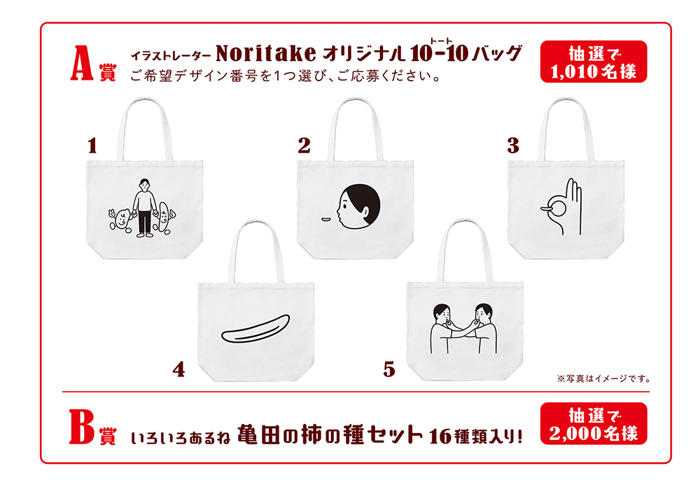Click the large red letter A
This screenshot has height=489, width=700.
(82, 63)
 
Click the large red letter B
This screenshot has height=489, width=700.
(82, 427)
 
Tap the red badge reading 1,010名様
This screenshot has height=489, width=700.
(594, 62)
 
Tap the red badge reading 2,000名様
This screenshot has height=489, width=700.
(594, 423)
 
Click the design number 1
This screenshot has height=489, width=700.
(92, 146)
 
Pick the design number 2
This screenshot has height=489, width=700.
(304, 146)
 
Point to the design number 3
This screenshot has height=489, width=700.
(513, 146)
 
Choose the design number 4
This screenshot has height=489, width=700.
(178, 369)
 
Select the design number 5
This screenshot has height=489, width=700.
(388, 369)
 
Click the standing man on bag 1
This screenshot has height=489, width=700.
(144, 208)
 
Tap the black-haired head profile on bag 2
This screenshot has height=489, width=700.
(359, 207)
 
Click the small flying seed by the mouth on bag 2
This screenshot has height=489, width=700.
(325, 219)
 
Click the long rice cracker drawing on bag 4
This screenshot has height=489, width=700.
(255, 329)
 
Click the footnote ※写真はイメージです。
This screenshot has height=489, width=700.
(604, 378)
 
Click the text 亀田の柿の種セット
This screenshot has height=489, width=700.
(330, 434)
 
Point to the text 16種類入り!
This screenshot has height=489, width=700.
(476, 435)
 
